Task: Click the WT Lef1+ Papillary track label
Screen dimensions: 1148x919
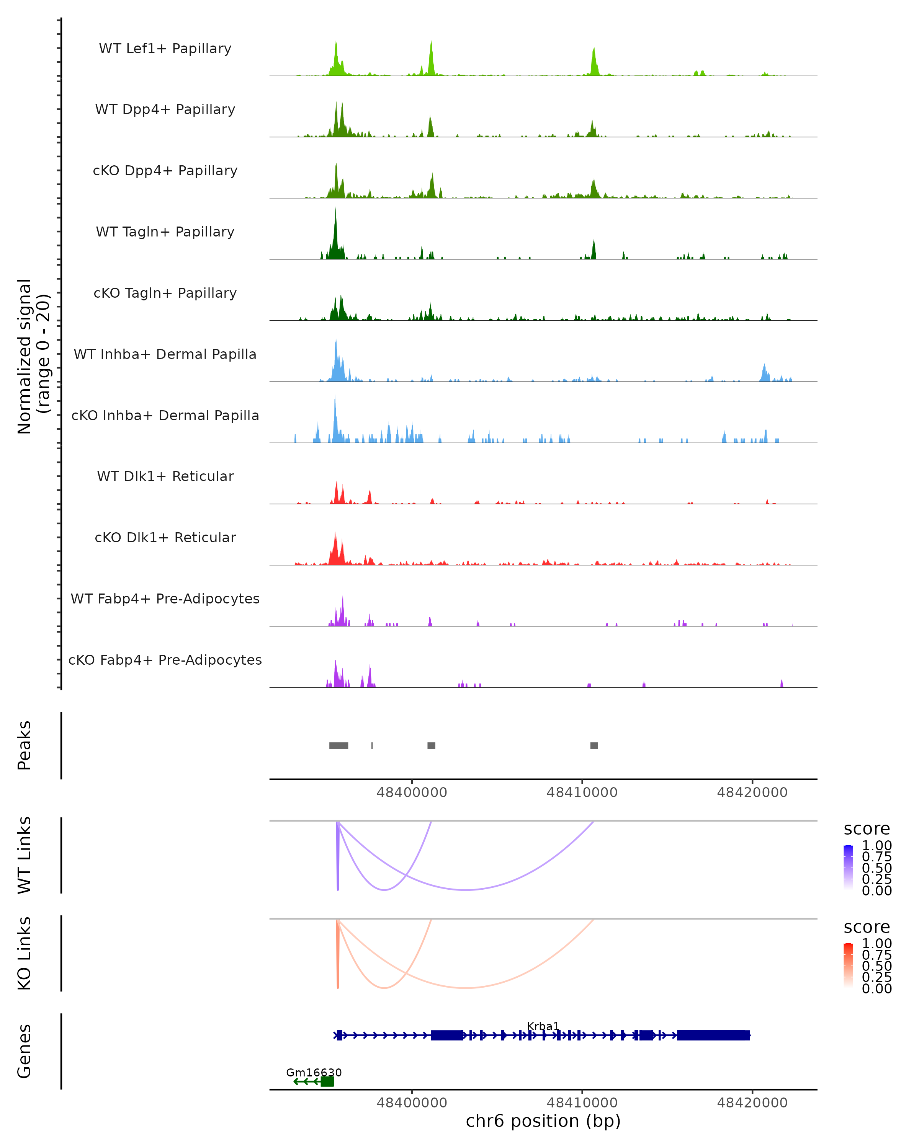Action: point(165,49)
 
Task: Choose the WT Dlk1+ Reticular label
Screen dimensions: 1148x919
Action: point(165,476)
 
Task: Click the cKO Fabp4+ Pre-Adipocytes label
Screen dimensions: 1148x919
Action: point(165,660)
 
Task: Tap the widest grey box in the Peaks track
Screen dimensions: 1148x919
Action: point(339,745)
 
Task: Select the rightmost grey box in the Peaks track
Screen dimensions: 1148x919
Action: point(594,745)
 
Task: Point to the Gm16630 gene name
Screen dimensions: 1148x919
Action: point(314,1072)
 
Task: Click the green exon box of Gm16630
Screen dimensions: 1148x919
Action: point(327,1081)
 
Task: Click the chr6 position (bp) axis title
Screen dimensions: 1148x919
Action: point(543,1121)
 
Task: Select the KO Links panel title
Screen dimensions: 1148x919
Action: point(25,953)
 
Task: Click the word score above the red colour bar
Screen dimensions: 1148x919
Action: point(866,927)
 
